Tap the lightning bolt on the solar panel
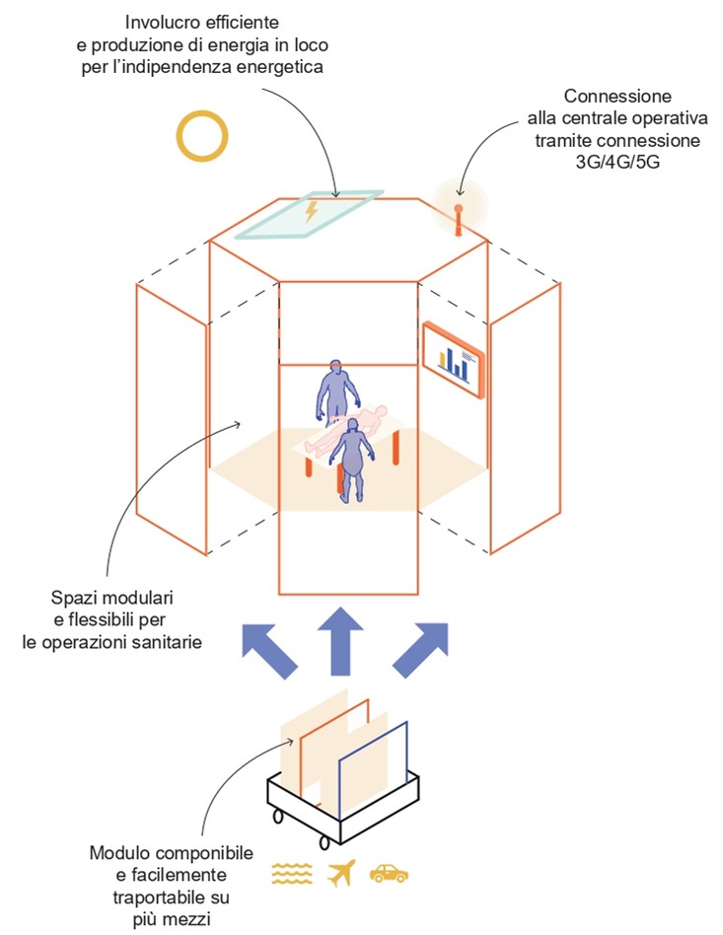coord(312,211)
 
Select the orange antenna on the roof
coord(457,219)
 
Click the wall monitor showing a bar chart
coord(454,360)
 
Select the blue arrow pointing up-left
coord(269,650)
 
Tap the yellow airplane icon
coord(338,873)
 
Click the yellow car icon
coord(389,873)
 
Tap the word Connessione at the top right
coord(617,97)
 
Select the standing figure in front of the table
coord(354,460)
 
